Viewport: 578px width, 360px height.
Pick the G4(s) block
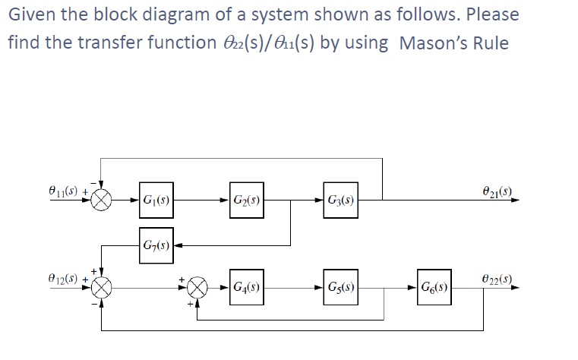click(x=247, y=289)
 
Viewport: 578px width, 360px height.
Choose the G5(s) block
click(x=340, y=289)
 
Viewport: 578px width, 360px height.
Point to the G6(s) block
click(x=433, y=289)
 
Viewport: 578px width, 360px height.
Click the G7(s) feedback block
click(x=155, y=245)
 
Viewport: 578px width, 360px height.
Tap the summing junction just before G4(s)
click(x=197, y=289)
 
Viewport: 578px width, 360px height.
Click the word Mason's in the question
click(x=437, y=43)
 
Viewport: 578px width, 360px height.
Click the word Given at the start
click(x=31, y=14)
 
